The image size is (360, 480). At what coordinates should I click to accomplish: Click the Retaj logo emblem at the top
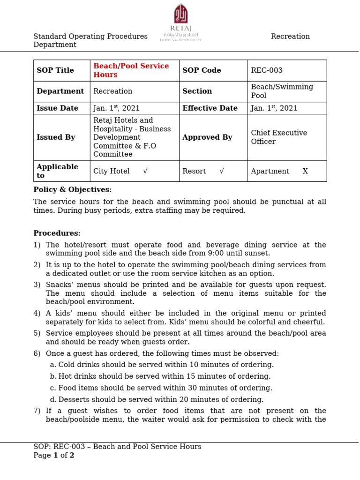tap(181, 14)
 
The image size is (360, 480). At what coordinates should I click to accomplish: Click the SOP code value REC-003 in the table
tap(267, 70)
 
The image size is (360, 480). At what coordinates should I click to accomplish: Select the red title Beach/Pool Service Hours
tap(131, 70)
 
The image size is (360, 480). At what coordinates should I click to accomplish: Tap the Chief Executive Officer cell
tap(279, 137)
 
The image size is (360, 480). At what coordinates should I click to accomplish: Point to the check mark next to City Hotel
tap(145, 171)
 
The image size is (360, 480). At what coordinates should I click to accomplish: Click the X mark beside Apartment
tap(305, 171)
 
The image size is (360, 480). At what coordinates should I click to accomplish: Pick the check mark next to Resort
tap(222, 171)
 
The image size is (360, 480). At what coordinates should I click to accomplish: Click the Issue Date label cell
tap(57, 108)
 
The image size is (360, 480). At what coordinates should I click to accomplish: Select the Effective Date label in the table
tap(210, 108)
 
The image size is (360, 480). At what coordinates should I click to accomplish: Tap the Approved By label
tap(207, 137)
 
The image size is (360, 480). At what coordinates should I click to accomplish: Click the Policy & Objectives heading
tap(73, 190)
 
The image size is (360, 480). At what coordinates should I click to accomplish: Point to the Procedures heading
tap(57, 233)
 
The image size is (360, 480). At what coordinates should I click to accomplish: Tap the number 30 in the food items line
tap(191, 388)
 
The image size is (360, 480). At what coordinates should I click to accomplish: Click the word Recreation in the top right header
tap(290, 37)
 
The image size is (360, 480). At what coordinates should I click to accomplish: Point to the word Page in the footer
tap(42, 456)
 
